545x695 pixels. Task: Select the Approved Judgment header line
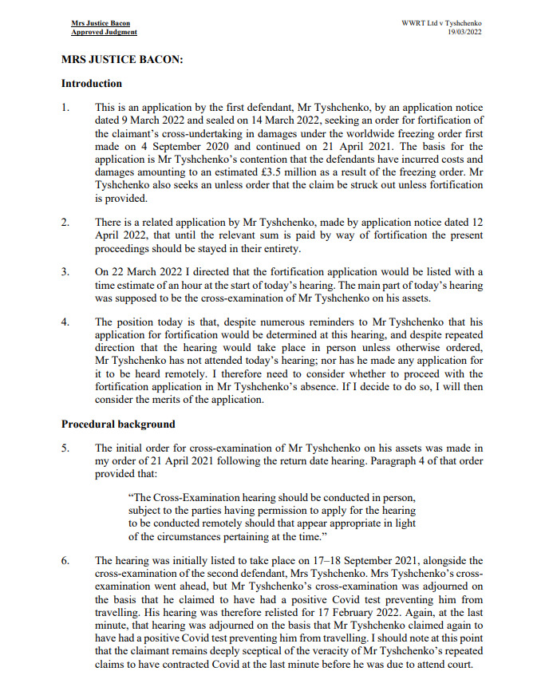[x=104, y=32]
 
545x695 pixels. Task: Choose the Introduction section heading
[x=92, y=83]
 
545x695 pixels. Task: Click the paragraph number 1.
[x=65, y=107]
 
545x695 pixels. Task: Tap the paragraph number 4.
[x=65, y=322]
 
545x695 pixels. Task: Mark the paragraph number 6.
[x=65, y=561]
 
